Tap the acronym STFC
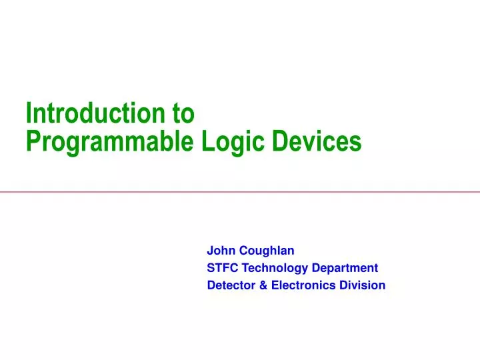pos(223,268)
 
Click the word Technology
pos(275,268)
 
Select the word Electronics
pos(295,285)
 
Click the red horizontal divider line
pos(240,192)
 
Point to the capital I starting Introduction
pos(29,114)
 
